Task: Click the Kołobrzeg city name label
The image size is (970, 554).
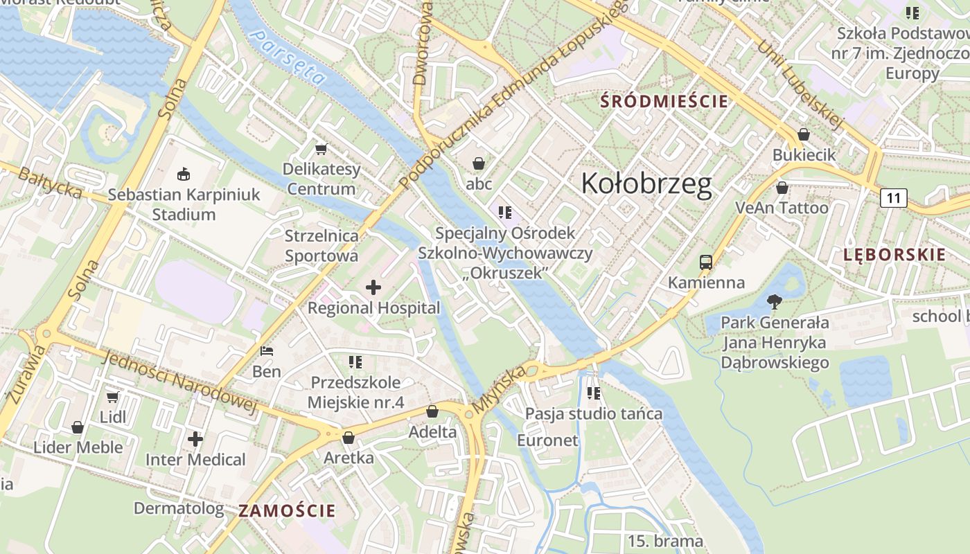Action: pyautogui.click(x=646, y=184)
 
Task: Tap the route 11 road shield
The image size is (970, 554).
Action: pyautogui.click(x=893, y=199)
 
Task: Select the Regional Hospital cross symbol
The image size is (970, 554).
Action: pyautogui.click(x=373, y=287)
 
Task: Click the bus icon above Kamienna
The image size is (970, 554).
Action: pyautogui.click(x=705, y=262)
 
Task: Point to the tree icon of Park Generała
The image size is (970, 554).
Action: pyautogui.click(x=774, y=301)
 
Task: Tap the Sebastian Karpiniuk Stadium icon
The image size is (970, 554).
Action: pyautogui.click(x=184, y=174)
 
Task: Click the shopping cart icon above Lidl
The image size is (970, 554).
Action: pyautogui.click(x=112, y=397)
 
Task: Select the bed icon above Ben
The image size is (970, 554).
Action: pyautogui.click(x=267, y=351)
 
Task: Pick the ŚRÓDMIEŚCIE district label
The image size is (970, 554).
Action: pyautogui.click(x=664, y=102)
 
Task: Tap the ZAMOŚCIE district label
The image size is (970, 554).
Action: pyautogui.click(x=287, y=511)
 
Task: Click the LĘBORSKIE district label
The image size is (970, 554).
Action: pyautogui.click(x=894, y=254)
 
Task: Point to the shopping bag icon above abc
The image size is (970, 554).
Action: pyautogui.click(x=478, y=163)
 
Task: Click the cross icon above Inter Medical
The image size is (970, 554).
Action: pyautogui.click(x=195, y=438)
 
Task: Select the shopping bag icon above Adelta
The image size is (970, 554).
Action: pyautogui.click(x=432, y=411)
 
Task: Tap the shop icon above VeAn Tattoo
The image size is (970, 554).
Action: pyautogui.click(x=782, y=188)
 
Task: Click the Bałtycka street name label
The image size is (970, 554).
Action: pyautogui.click(x=49, y=183)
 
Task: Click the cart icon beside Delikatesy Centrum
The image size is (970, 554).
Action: pyautogui.click(x=321, y=149)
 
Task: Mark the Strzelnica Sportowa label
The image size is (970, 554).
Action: pyautogui.click(x=321, y=246)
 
